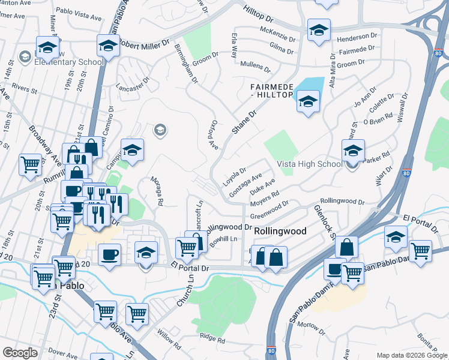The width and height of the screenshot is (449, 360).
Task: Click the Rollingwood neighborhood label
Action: pyautogui.click(x=280, y=231)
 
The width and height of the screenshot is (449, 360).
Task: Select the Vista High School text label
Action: pyautogui.click(x=309, y=164)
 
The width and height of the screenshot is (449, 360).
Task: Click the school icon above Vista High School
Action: pyautogui.click(x=353, y=150)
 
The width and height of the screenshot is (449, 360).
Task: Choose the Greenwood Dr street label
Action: pyautogui.click(x=270, y=212)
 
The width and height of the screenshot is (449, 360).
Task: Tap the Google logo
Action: pyautogui.click(x=20, y=353)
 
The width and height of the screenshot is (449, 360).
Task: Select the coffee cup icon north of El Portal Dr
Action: pyautogui.click(x=109, y=254)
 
